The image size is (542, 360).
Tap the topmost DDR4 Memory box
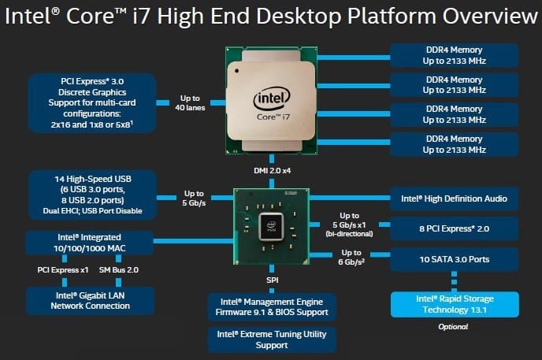(455, 54)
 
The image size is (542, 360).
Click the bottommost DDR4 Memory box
(455, 144)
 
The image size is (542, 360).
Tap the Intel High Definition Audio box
(455, 199)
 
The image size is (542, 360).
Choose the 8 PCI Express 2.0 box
(455, 229)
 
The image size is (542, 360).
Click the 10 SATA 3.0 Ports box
(455, 258)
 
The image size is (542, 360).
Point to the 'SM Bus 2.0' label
(120, 270)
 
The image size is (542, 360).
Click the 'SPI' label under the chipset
(271, 280)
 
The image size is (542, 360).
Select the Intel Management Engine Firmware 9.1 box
(271, 306)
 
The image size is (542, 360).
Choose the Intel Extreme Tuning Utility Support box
(271, 340)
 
